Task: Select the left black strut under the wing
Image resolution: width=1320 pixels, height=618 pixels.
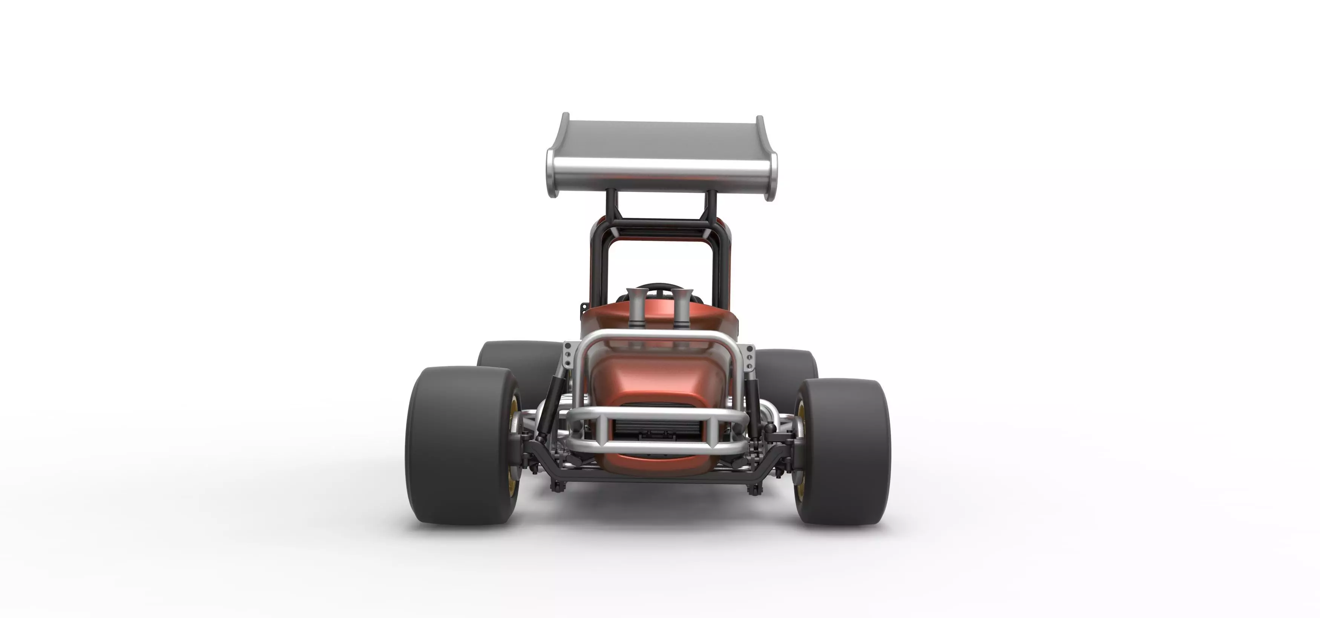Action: pos(611,205)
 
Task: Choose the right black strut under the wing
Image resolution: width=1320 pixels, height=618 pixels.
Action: pos(711,205)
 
